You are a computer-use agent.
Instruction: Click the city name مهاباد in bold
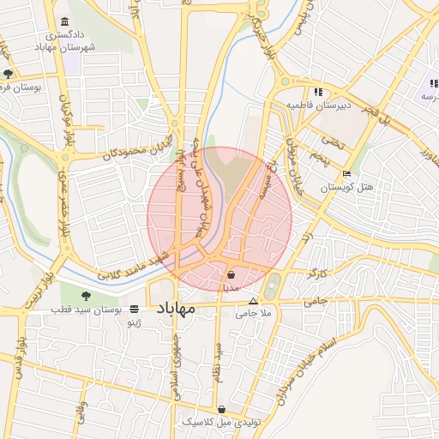tap(177, 306)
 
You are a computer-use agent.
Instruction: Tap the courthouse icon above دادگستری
tap(65, 23)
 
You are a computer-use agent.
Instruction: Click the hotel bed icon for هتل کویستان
tap(346, 172)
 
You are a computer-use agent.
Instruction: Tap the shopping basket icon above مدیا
tap(232, 276)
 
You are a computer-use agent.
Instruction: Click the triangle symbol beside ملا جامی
tap(252, 302)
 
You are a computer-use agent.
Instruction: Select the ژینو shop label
tap(133, 323)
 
